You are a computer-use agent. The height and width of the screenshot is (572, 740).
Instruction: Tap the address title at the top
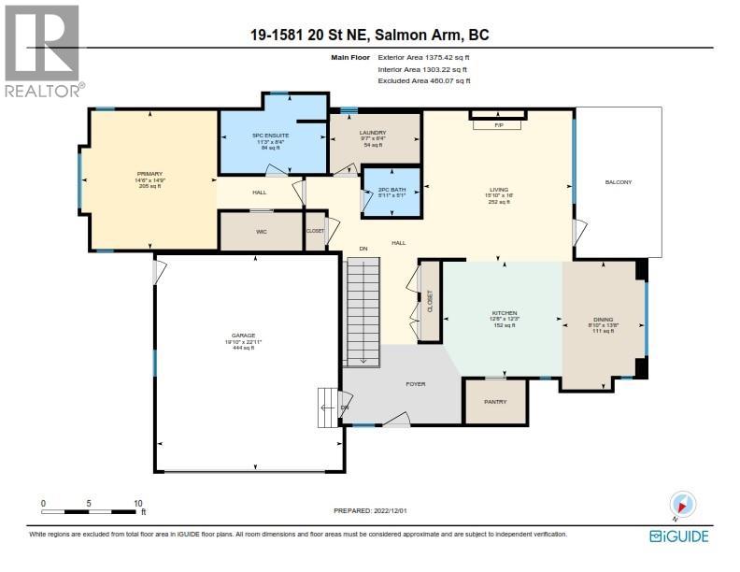[x=369, y=36]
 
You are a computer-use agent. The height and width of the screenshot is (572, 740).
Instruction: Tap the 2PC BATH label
[x=391, y=193]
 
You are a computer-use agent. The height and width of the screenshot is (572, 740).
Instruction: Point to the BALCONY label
[x=618, y=182]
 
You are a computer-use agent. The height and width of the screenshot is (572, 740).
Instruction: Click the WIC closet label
[x=262, y=231]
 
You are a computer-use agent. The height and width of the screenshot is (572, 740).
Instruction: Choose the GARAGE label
[x=243, y=338]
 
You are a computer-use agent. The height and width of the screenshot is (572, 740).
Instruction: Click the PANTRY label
[x=495, y=402]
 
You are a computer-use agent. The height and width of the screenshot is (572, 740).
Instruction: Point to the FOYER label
[x=414, y=382]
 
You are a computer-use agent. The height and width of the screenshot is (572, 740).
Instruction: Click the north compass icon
[x=683, y=506]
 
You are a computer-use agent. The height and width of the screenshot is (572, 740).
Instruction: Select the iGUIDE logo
[x=678, y=536]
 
